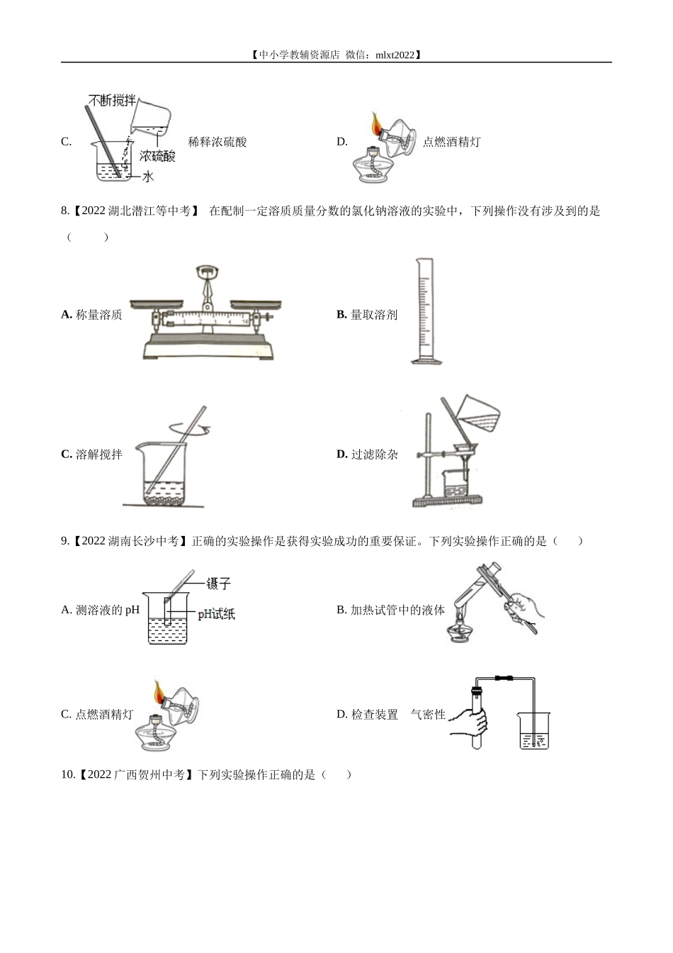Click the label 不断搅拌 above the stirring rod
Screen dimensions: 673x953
coord(112,101)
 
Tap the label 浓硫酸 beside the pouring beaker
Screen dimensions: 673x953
coord(157,156)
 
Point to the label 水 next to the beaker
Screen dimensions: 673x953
coord(147,176)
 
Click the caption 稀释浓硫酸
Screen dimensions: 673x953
coord(217,142)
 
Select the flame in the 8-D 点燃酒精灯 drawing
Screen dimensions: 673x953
coord(375,123)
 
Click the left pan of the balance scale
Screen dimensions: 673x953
coord(157,303)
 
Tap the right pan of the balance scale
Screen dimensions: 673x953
coord(256,303)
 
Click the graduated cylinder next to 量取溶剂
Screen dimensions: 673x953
coord(426,311)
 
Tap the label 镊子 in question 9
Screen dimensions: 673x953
coord(218,584)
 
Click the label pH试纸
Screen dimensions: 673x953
coord(216,614)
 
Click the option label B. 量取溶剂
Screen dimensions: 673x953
coord(367,315)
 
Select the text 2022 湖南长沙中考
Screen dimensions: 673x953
coord(130,541)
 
